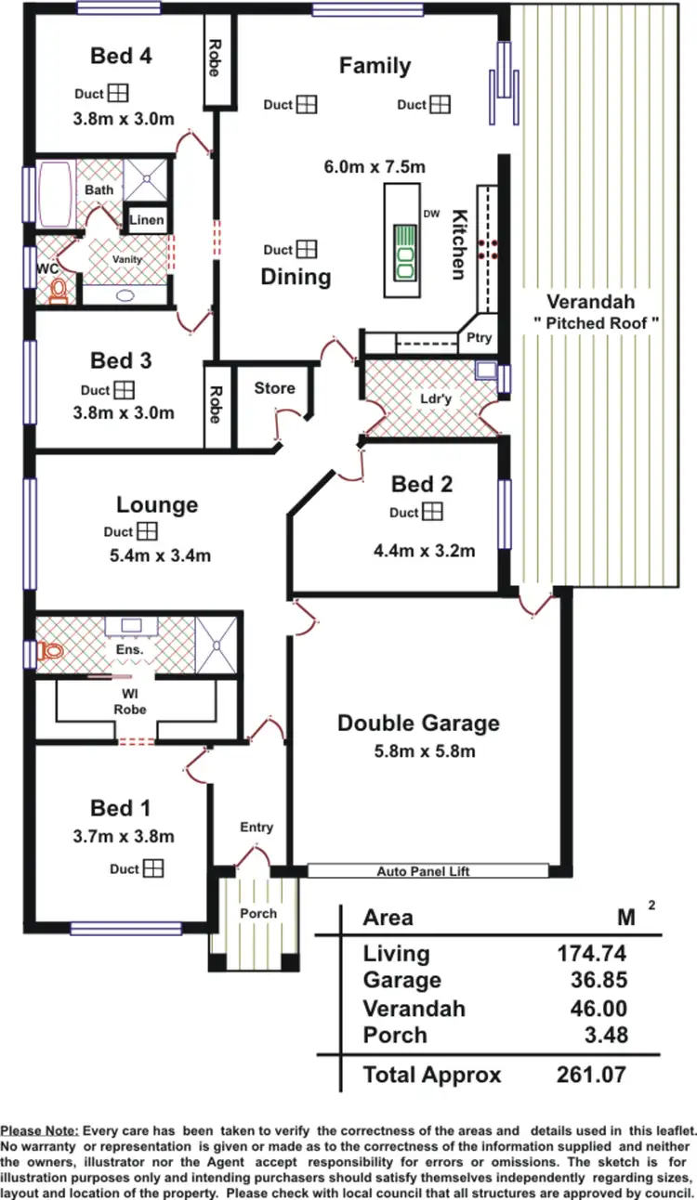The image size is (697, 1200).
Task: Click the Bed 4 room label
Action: (x=121, y=56)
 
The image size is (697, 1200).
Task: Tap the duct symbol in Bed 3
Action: (x=125, y=390)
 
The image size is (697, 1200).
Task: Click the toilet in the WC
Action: (x=59, y=293)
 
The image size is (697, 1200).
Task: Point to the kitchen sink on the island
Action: (x=405, y=251)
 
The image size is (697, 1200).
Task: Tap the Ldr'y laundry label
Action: (x=431, y=400)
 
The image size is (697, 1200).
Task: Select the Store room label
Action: (x=274, y=388)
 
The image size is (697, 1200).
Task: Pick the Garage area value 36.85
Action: (x=598, y=980)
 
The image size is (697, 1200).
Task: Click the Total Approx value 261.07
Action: (x=592, y=1075)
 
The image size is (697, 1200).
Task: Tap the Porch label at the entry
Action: (x=258, y=913)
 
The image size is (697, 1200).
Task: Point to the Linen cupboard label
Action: (x=147, y=221)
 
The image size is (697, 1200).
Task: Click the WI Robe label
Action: (x=129, y=701)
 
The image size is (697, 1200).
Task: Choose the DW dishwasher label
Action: (x=431, y=214)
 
